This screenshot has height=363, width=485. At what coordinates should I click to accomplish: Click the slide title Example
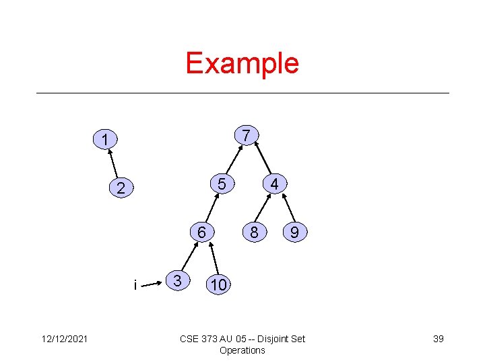[242, 63]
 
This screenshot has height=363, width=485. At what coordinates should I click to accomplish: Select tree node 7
[247, 135]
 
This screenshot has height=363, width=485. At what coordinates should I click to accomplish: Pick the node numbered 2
[121, 189]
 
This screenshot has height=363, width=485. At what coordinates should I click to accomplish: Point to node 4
[274, 184]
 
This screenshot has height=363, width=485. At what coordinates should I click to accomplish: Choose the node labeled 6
[201, 232]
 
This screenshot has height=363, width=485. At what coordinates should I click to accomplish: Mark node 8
[254, 233]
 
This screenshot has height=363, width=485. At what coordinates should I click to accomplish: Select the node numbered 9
[294, 233]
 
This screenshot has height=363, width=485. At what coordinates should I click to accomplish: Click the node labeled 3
[176, 280]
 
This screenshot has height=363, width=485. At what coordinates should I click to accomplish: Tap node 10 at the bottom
[218, 284]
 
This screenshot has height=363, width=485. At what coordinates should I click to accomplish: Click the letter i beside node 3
[135, 286]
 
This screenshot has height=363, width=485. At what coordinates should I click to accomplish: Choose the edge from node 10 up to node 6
[213, 258]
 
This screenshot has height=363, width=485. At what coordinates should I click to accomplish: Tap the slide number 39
[438, 339]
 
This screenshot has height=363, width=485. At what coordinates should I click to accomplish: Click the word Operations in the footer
[243, 350]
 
